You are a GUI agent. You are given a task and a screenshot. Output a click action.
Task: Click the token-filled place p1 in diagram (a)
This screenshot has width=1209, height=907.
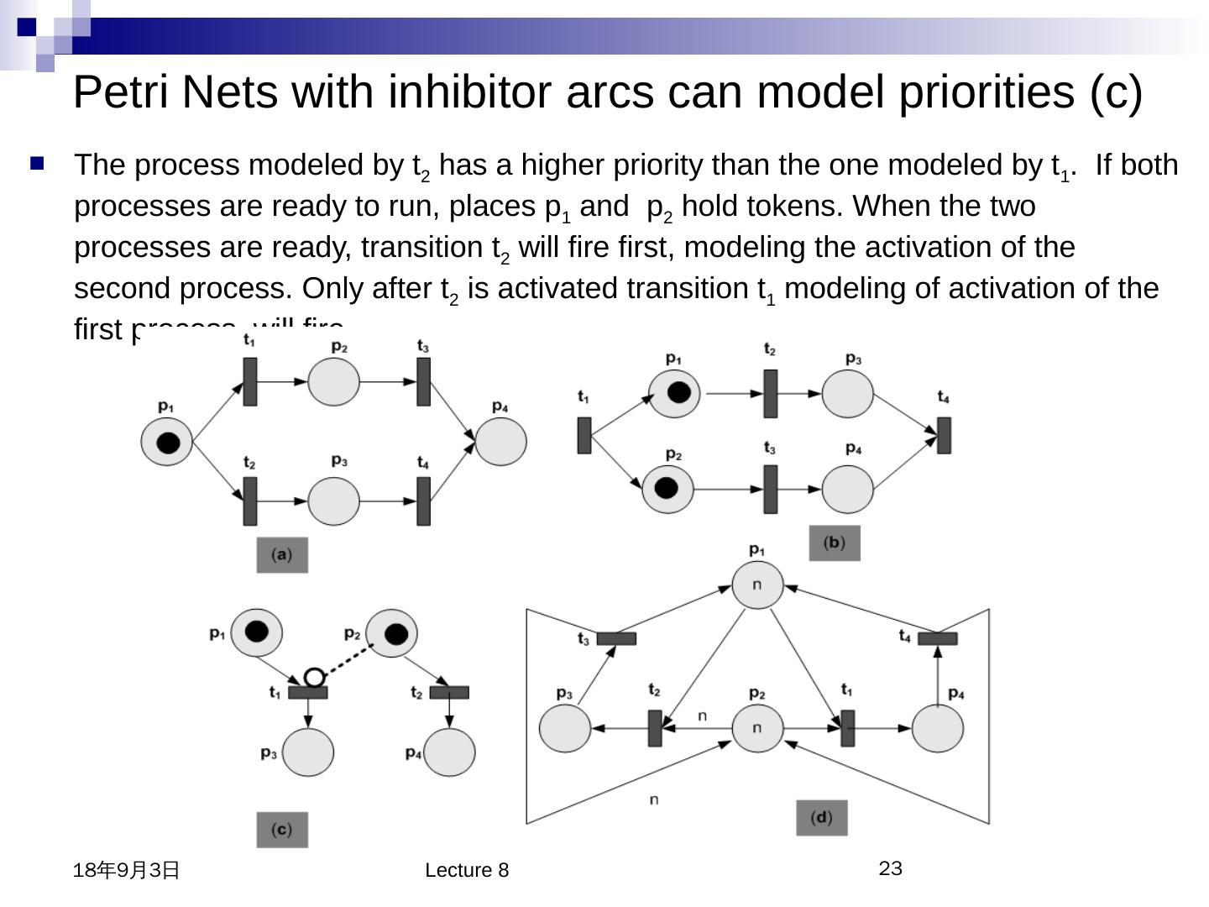tap(166, 442)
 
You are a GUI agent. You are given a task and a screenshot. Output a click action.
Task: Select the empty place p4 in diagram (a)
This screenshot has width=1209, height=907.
tap(501, 441)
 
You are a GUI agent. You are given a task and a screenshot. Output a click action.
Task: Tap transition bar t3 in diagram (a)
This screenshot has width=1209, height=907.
tap(424, 382)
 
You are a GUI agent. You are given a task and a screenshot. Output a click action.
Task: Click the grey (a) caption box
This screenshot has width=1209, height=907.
tap(282, 555)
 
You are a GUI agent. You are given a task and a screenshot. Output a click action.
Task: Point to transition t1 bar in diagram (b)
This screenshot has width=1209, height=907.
tap(584, 435)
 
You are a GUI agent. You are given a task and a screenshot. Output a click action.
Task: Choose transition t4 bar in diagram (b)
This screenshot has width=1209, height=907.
tap(944, 435)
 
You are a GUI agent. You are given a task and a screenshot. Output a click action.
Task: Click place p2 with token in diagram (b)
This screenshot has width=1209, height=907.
tap(668, 489)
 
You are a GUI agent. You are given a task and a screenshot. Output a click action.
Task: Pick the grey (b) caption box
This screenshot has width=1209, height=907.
tap(835, 543)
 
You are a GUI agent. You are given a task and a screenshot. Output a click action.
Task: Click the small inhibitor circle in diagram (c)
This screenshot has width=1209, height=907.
tap(314, 677)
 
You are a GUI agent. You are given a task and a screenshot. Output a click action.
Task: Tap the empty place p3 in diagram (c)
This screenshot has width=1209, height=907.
tap(308, 752)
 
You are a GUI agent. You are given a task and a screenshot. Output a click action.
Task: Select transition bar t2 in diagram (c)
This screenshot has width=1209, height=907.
tap(449, 693)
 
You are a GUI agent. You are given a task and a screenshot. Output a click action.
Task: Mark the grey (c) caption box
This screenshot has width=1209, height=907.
tap(282, 830)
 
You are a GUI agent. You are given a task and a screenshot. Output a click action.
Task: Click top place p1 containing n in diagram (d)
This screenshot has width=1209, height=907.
tap(757, 585)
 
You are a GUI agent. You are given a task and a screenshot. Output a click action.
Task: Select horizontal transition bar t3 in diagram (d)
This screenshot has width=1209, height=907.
tap(616, 639)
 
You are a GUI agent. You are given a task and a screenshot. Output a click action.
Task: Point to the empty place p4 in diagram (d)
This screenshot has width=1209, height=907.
tap(937, 728)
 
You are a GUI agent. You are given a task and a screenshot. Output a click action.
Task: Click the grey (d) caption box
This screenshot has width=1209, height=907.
tap(822, 818)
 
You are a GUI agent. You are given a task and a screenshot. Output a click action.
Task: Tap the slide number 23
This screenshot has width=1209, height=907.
tap(891, 868)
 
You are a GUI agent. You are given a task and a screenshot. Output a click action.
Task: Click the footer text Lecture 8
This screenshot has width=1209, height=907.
tap(467, 870)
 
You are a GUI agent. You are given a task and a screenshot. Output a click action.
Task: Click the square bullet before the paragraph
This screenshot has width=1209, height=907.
tap(37, 164)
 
